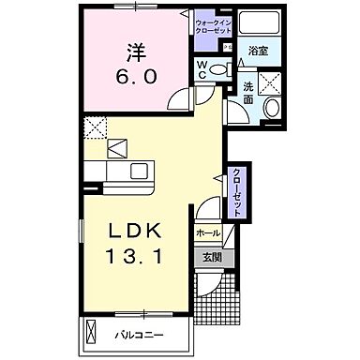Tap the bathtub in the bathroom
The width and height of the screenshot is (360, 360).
pos(251,25)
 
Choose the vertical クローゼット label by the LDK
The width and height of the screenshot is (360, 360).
pos(237,192)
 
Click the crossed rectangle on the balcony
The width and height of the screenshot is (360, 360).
pos(91,333)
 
